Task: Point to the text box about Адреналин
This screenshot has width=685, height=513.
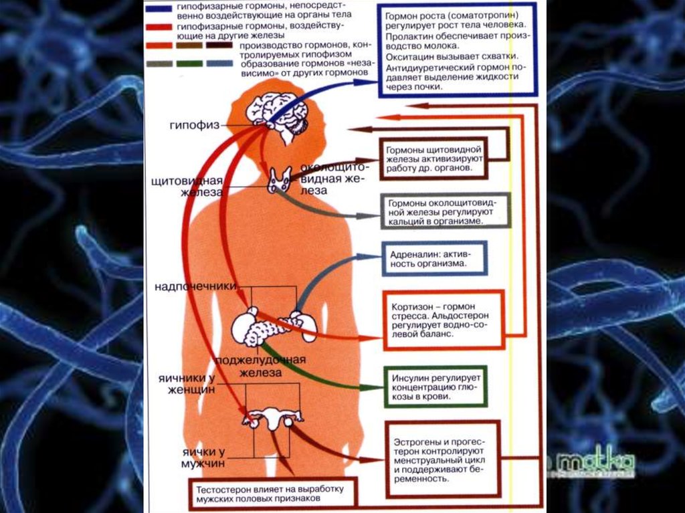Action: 433,258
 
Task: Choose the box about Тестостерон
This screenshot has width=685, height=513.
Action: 273,493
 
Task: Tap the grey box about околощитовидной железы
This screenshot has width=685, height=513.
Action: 445,211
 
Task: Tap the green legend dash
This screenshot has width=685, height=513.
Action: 191,64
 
